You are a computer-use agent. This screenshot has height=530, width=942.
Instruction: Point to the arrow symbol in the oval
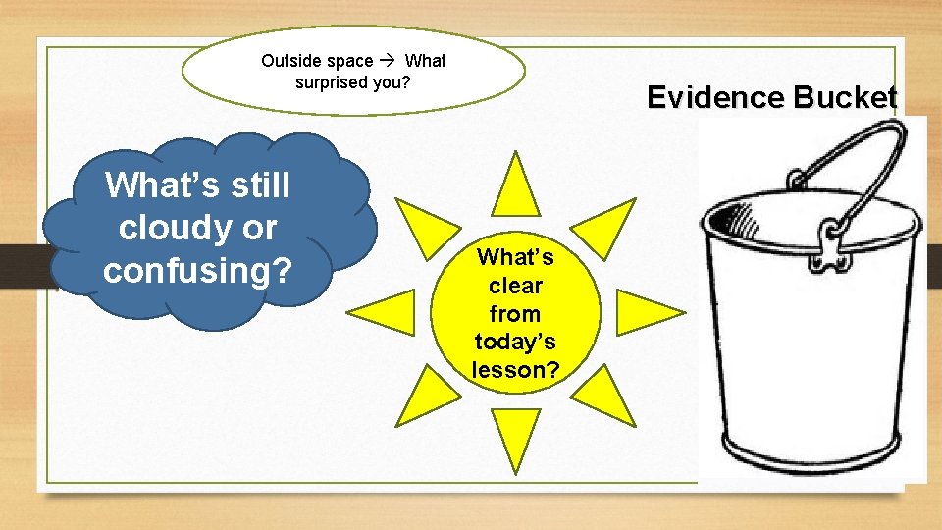[389, 61]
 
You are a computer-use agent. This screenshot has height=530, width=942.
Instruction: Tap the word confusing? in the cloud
[198, 269]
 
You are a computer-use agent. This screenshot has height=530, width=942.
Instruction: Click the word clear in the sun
[516, 286]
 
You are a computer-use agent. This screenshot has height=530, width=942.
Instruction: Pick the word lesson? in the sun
[516, 370]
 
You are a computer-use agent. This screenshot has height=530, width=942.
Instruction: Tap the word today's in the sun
[516, 342]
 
